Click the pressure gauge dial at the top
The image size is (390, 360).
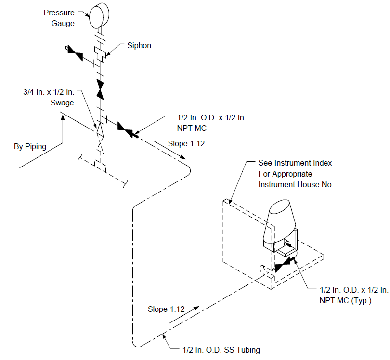[x=99, y=16]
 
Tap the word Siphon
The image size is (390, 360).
[x=139, y=46]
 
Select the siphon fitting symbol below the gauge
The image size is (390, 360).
[x=100, y=54]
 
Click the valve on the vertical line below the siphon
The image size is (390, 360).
[x=100, y=90]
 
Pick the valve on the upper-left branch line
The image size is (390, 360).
[x=75, y=53]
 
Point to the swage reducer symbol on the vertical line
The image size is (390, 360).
[x=100, y=130]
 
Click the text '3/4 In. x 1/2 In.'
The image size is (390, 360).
[x=49, y=92]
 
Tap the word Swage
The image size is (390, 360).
[x=62, y=103]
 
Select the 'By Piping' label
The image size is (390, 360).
[x=30, y=146]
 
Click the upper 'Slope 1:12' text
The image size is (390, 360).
[x=186, y=144]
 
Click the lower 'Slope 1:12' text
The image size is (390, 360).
[x=166, y=309]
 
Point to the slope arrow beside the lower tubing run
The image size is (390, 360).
[x=184, y=315]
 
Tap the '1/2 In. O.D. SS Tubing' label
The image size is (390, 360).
[x=221, y=350]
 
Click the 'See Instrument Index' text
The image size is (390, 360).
[x=295, y=163]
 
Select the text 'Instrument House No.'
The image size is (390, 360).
[x=296, y=184]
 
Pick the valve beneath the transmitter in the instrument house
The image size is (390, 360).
[x=284, y=265]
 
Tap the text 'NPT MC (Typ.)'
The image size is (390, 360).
[x=346, y=301]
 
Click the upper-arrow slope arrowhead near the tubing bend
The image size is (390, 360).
[x=182, y=157]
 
